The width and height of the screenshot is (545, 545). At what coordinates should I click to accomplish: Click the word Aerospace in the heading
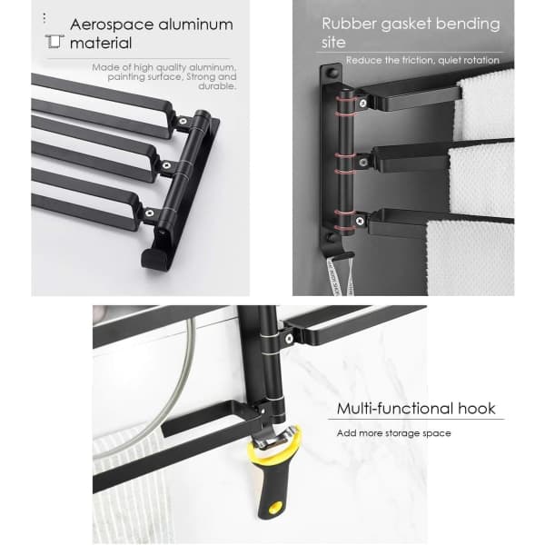pyautogui.click(x=112, y=25)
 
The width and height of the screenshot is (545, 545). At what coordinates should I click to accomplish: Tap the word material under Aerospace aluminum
pyautogui.click(x=101, y=44)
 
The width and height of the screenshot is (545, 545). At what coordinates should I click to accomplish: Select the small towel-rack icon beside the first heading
pyautogui.click(x=54, y=42)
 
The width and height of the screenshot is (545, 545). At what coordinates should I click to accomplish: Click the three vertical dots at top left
pyautogui.click(x=45, y=18)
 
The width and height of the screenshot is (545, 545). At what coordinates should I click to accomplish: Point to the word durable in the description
pyautogui.click(x=217, y=86)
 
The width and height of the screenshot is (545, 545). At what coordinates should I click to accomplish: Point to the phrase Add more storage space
pyautogui.click(x=394, y=433)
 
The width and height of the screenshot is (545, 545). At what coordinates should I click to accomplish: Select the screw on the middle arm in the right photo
pyautogui.click(x=363, y=162)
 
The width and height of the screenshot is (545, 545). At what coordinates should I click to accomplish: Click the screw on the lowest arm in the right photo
pyautogui.click(x=360, y=220)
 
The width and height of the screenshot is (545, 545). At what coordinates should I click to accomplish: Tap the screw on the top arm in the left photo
pyautogui.click(x=183, y=121)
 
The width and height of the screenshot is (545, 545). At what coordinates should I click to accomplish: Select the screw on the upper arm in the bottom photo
pyautogui.click(x=289, y=338)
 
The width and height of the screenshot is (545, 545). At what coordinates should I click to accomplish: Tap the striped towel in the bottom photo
pyautogui.click(x=132, y=487)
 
